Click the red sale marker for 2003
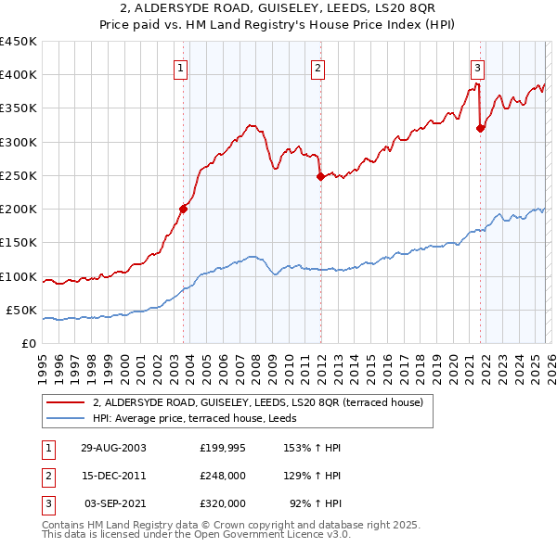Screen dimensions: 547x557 point(184,209)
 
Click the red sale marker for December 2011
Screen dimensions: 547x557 point(319,176)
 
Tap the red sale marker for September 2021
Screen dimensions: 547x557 point(480,129)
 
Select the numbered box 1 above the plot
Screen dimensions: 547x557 point(180,67)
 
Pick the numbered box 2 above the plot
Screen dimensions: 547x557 point(317,67)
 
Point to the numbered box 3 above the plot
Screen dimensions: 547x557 point(477,67)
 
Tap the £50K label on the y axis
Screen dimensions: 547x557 point(21,310)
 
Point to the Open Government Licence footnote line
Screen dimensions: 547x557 point(196,535)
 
